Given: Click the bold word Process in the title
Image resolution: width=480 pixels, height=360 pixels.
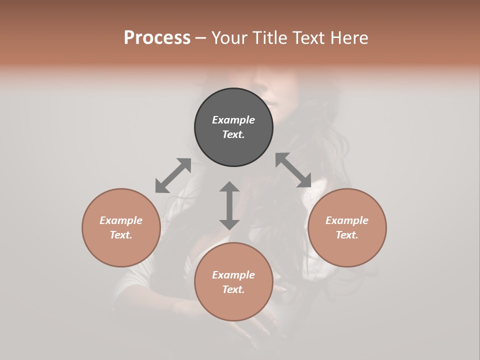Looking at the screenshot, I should (157, 38).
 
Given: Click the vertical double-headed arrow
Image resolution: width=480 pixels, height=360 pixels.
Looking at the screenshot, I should (229, 205).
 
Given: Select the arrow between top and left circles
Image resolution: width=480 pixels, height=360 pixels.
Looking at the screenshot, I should (173, 175).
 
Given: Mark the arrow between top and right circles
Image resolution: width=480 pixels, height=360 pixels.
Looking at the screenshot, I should (293, 170).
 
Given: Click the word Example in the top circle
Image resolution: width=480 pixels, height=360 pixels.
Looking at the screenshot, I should (233, 120).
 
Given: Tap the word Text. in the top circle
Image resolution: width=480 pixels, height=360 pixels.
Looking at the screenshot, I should (233, 134).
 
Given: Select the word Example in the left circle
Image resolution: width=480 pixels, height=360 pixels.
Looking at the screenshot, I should (121, 220).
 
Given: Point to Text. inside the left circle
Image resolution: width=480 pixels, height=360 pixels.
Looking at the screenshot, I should (121, 235).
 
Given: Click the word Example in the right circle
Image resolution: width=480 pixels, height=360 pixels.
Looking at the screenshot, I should (347, 220).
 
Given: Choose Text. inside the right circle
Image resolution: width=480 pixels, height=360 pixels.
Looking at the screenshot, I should (347, 235).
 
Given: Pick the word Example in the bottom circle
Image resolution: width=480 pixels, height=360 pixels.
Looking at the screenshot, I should (233, 275).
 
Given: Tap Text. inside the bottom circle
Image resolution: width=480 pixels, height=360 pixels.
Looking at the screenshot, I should (233, 289).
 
